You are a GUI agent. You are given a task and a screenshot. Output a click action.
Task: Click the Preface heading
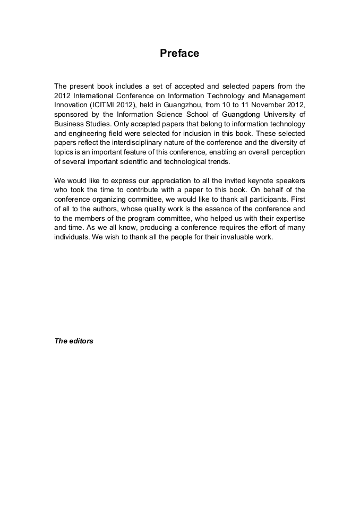click(x=179, y=54)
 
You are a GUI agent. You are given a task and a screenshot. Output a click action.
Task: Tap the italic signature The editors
click(x=74, y=341)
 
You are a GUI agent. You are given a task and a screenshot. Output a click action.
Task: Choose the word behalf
click(x=252, y=190)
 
